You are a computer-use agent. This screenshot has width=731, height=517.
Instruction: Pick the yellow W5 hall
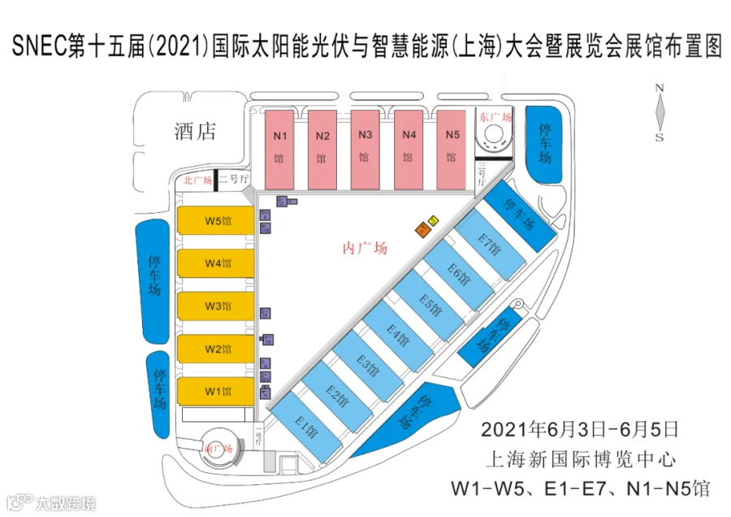[217, 221]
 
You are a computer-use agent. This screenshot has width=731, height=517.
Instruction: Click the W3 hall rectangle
[217, 306]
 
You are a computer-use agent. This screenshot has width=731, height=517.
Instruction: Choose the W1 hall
[217, 392]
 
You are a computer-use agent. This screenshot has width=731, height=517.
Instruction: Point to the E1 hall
[306, 427]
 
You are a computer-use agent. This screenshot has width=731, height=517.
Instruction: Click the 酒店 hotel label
[195, 131]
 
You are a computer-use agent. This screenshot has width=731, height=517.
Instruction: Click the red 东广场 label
[495, 117]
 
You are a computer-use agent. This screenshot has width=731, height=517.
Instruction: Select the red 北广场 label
[197, 180]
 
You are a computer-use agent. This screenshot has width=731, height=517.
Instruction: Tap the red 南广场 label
[218, 449]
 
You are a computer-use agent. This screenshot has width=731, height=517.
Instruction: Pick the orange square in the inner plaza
[422, 230]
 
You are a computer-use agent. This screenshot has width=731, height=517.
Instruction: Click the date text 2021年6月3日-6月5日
[579, 428]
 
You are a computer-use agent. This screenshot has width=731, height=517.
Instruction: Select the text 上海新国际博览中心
[579, 458]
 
